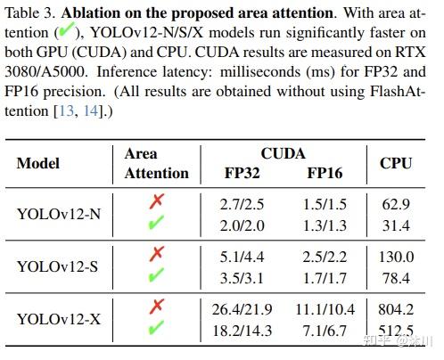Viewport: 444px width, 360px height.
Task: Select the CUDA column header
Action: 283,154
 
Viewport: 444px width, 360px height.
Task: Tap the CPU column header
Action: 396,163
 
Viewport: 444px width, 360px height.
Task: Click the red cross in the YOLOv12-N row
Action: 156,204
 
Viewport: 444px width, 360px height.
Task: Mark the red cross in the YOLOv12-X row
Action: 156,307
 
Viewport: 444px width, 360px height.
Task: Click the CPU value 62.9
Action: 396,204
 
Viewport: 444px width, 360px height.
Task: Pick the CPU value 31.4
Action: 396,224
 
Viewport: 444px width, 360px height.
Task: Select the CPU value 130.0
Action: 396,256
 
